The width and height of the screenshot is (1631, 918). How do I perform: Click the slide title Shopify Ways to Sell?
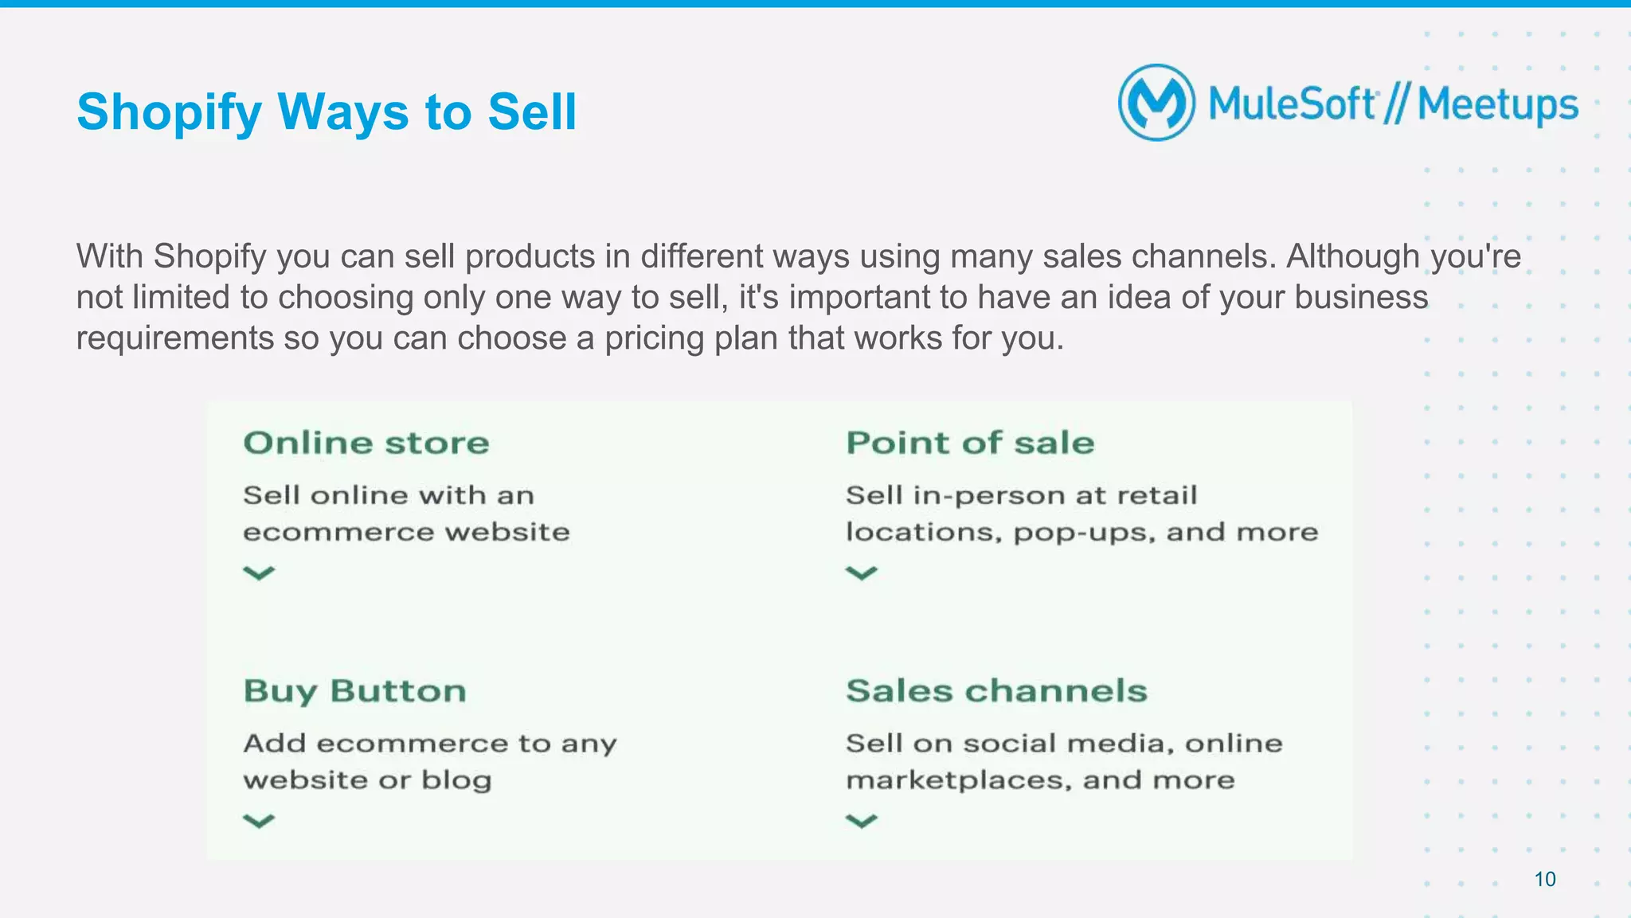coord(327,111)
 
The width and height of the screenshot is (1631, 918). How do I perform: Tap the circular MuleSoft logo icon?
coord(1156,103)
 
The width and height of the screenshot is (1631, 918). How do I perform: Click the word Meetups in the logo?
coord(1497,105)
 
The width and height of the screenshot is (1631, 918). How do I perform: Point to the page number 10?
coord(1545,879)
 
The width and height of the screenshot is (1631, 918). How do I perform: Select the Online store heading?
coord(366,443)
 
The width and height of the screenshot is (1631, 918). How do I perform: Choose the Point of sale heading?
coord(970,443)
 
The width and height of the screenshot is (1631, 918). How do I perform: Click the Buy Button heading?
coord(355,691)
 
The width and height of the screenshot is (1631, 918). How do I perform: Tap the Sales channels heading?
coord(996,691)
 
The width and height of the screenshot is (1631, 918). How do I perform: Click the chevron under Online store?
coord(259,572)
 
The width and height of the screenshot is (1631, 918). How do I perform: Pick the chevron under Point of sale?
coord(861,572)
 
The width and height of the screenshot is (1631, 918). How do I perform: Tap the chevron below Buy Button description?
coord(259,820)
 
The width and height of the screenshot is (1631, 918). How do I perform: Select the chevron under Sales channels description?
coord(861,820)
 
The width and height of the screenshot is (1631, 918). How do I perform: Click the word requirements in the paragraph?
coord(175,338)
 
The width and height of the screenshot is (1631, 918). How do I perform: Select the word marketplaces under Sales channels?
coord(958,780)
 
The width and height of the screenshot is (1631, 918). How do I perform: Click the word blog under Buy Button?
coord(456,780)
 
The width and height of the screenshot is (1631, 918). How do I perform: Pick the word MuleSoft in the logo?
coord(1292,105)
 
